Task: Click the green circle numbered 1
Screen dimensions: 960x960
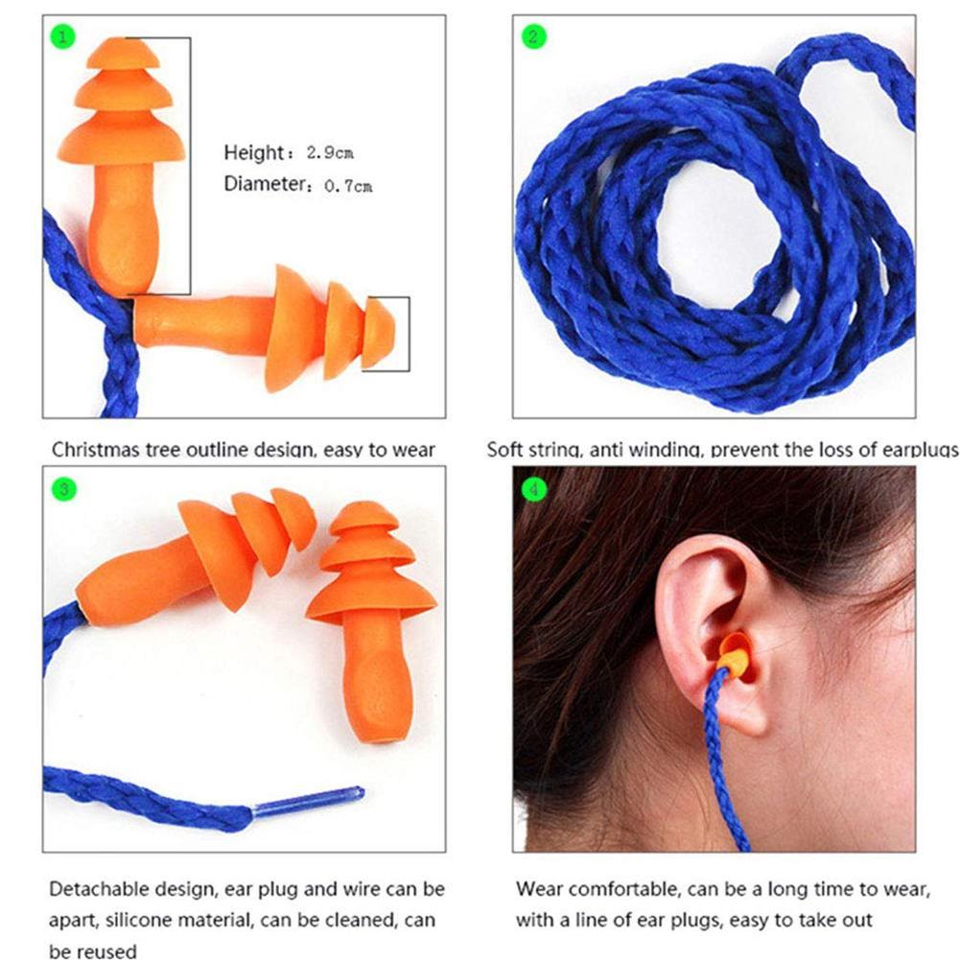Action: (62, 37)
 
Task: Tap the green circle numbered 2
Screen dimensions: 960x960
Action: (533, 37)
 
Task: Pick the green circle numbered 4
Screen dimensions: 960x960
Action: (533, 490)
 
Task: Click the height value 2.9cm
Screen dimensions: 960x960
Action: (330, 153)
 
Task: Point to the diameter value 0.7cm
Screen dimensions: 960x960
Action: (346, 186)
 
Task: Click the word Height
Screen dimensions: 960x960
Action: (253, 152)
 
